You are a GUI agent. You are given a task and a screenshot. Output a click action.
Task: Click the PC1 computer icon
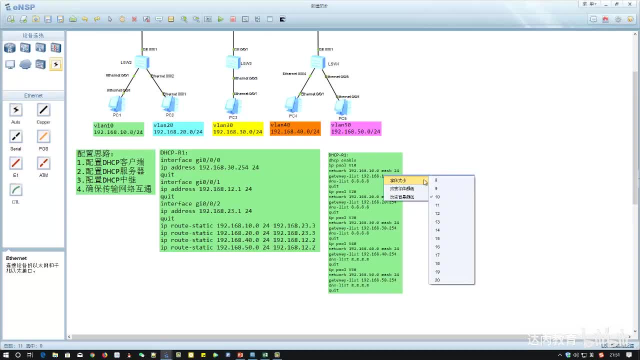(116, 104)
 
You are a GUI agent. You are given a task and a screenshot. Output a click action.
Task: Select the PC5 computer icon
(342, 107)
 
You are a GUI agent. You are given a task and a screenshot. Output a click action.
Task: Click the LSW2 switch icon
(141, 62)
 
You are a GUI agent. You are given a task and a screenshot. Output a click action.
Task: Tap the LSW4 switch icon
(317, 62)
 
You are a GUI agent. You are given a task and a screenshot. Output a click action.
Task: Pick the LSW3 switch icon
(233, 62)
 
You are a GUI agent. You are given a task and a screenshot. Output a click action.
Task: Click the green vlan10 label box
(118, 129)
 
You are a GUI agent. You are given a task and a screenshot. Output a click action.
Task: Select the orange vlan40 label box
(295, 128)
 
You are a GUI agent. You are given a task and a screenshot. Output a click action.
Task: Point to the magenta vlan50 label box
(355, 128)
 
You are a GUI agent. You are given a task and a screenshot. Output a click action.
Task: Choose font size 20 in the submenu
(437, 280)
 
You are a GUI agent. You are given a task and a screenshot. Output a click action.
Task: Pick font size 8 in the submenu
(436, 180)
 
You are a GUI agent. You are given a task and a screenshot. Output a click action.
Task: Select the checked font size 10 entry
(437, 197)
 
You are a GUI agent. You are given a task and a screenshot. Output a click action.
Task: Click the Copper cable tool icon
(43, 110)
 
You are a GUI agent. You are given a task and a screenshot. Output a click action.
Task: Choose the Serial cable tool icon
(16, 137)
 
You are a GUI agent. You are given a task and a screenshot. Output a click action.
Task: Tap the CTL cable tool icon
(16, 190)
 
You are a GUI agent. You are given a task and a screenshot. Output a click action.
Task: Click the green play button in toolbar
(220, 19)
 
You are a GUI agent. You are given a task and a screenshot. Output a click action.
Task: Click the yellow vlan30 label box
(237, 129)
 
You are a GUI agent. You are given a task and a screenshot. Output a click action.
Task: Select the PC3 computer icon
(232, 106)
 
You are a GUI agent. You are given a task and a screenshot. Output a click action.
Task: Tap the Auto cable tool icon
(16, 110)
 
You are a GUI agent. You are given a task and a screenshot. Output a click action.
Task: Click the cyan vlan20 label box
(178, 129)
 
